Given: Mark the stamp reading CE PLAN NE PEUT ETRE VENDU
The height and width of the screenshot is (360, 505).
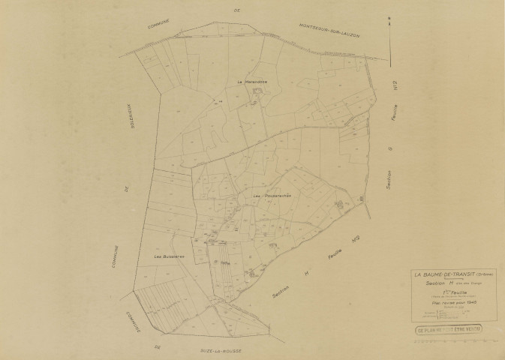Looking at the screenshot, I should point(450,329).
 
